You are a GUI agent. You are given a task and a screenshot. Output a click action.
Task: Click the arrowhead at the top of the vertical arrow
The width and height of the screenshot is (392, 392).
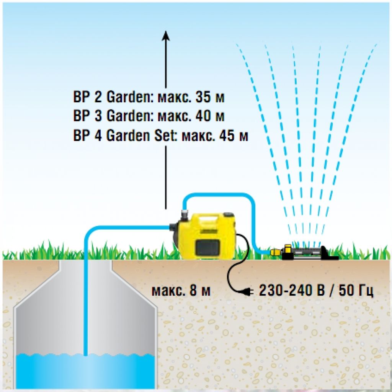point(165,35)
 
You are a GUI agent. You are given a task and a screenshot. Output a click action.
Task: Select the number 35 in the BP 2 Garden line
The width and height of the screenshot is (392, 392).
point(204,98)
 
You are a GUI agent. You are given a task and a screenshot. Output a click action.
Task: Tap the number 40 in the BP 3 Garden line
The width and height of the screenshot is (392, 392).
point(204,116)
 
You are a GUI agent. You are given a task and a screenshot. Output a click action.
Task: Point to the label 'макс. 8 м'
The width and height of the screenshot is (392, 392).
point(181,291)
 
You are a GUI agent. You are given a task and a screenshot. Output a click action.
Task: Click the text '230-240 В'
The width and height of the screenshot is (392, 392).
point(291,291)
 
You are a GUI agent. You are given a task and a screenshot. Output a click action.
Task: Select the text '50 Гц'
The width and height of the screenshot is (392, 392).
point(354,291)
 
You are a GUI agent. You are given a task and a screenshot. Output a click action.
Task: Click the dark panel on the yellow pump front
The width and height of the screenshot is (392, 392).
point(207,248)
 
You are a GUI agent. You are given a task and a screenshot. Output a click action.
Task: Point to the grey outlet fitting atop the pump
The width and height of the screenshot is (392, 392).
point(185,215)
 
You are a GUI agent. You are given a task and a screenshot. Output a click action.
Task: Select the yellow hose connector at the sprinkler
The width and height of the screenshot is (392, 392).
point(275,252)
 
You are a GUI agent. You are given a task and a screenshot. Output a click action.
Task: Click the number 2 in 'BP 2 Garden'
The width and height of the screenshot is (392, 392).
point(98,98)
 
